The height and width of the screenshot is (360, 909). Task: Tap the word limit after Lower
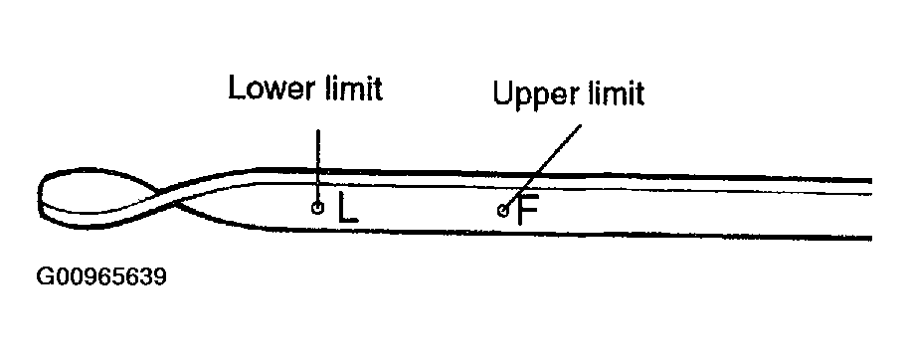pyautogui.click(x=353, y=89)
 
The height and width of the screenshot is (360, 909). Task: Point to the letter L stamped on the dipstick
pyautogui.click(x=348, y=208)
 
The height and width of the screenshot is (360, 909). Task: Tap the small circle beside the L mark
pyautogui.click(x=317, y=207)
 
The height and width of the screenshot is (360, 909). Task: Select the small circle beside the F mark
pyautogui.click(x=502, y=211)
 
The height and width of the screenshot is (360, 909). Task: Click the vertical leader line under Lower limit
pyautogui.click(x=317, y=165)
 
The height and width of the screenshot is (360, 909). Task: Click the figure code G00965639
pyautogui.click(x=101, y=276)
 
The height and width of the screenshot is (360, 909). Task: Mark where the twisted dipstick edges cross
pyautogui.click(x=165, y=196)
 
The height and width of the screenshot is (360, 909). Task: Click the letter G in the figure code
pyautogui.click(x=45, y=276)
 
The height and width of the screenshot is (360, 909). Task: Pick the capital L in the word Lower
pyautogui.click(x=237, y=89)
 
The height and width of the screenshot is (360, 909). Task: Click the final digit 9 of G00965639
pyautogui.click(x=159, y=276)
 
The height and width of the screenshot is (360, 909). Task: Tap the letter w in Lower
pyautogui.click(x=275, y=92)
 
